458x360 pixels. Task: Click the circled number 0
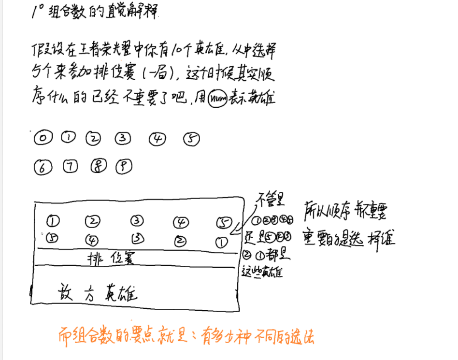43,139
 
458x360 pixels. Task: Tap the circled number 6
43,168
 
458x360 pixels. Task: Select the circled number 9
124,167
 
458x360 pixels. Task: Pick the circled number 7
70,167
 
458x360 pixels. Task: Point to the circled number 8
98,167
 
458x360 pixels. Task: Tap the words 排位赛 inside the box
112,258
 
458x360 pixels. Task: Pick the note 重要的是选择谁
348,238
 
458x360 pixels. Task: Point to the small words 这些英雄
262,272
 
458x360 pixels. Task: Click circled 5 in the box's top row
224,223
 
